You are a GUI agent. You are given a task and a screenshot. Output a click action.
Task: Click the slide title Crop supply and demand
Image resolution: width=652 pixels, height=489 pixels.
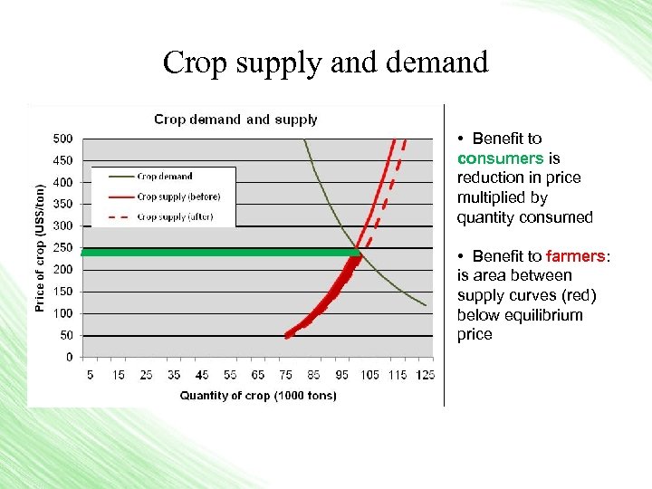pyautogui.click(x=325, y=62)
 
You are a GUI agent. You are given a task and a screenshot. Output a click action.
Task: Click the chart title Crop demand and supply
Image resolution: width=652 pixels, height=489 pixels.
pyautogui.click(x=235, y=119)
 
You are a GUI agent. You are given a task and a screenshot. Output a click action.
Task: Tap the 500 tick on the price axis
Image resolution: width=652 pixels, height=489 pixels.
pyautogui.click(x=63, y=139)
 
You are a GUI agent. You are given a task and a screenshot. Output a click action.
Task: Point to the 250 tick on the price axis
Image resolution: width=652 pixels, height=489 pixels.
pyautogui.click(x=63, y=247)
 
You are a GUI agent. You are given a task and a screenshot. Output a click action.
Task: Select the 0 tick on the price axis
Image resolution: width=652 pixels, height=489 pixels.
pyautogui.click(x=69, y=357)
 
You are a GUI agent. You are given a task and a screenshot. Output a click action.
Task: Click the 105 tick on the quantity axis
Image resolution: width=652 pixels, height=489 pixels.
pyautogui.click(x=369, y=374)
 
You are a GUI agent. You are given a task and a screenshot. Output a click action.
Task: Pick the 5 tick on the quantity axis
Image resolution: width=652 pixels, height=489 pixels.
pyautogui.click(x=90, y=374)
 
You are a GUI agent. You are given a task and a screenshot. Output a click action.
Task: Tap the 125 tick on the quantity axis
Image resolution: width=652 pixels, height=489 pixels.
pyautogui.click(x=426, y=374)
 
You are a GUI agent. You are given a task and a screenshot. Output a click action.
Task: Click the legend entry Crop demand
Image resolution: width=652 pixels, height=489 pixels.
pyautogui.click(x=165, y=177)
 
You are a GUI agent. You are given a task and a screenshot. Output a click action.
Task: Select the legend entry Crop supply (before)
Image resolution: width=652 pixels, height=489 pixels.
pyautogui.click(x=178, y=197)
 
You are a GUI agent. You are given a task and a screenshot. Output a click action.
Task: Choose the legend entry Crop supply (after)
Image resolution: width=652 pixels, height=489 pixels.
pyautogui.click(x=176, y=216)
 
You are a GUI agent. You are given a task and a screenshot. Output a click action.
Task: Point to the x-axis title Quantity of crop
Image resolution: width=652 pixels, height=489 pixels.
pyautogui.click(x=258, y=395)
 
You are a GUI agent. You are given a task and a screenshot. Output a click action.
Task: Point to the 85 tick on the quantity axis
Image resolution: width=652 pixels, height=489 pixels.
pyautogui.click(x=313, y=374)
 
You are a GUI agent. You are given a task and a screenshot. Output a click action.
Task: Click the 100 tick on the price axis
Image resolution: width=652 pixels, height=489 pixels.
pyautogui.click(x=63, y=313)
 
